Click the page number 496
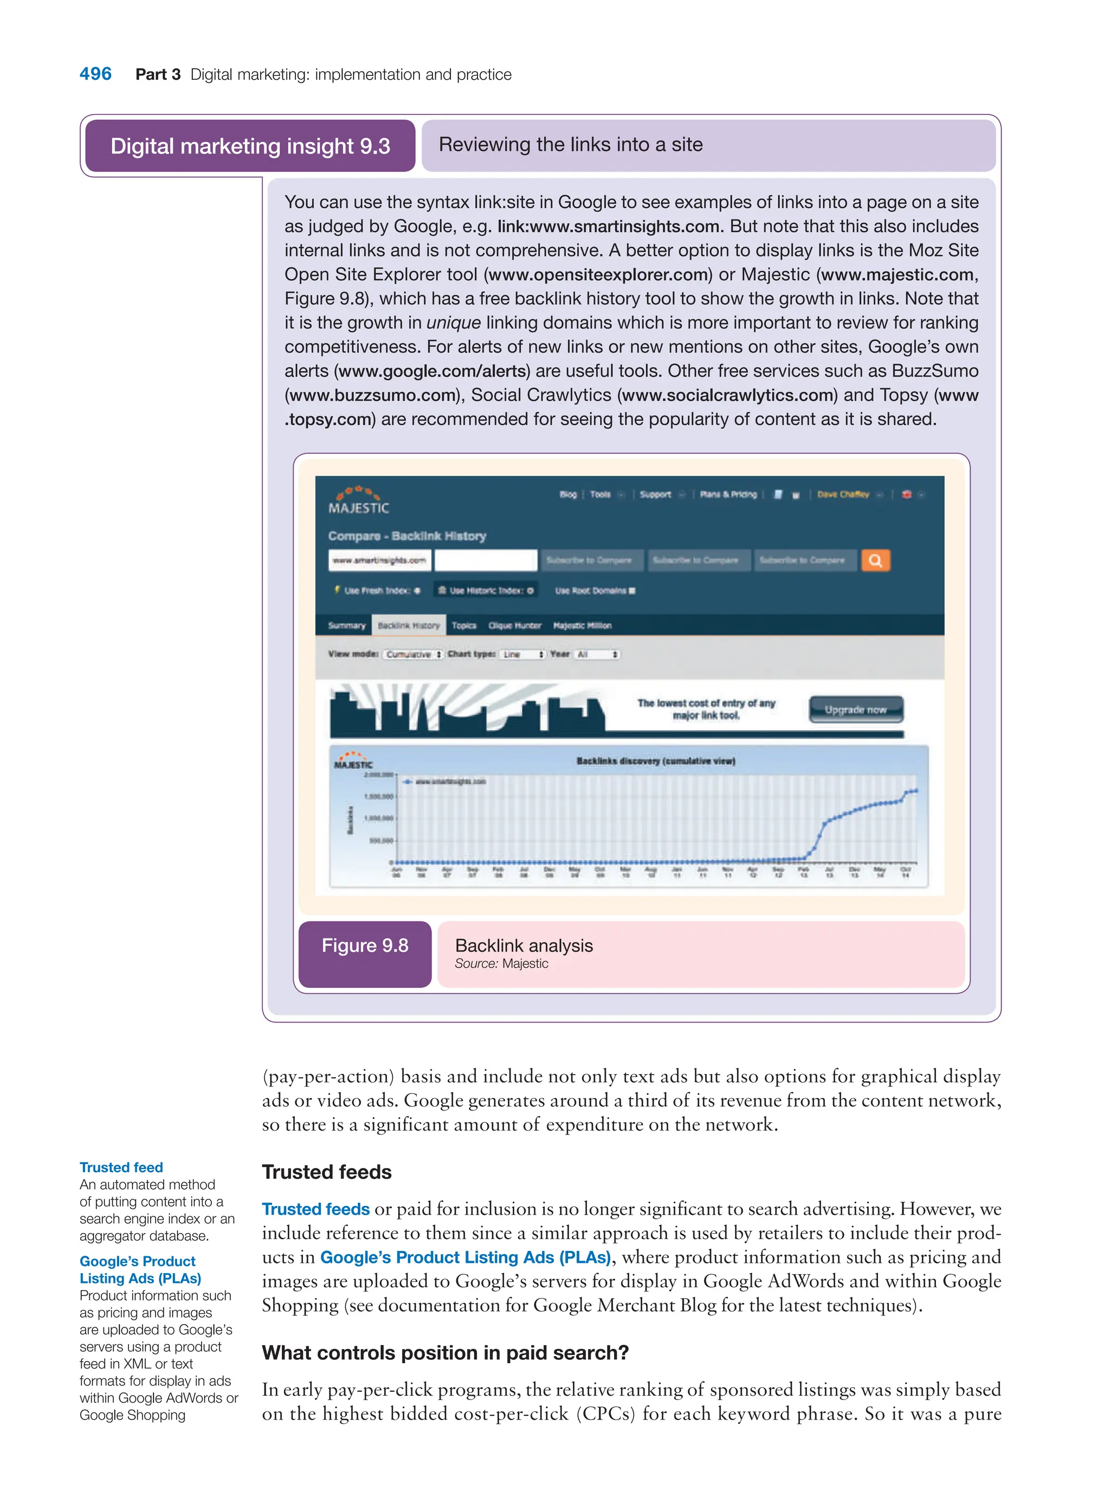95,74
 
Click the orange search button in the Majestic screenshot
875,560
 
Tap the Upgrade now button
855,710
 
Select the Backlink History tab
409,625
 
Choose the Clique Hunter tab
515,625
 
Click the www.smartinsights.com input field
379,560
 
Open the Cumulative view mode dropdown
412,654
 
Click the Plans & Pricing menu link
728,494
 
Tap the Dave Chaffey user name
843,494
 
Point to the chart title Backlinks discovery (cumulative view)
656,761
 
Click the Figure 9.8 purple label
365,946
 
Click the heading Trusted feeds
326,1172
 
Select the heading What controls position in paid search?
445,1352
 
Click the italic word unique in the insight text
454,323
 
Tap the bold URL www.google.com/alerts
432,371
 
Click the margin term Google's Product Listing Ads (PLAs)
140,1270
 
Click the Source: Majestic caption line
501,964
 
